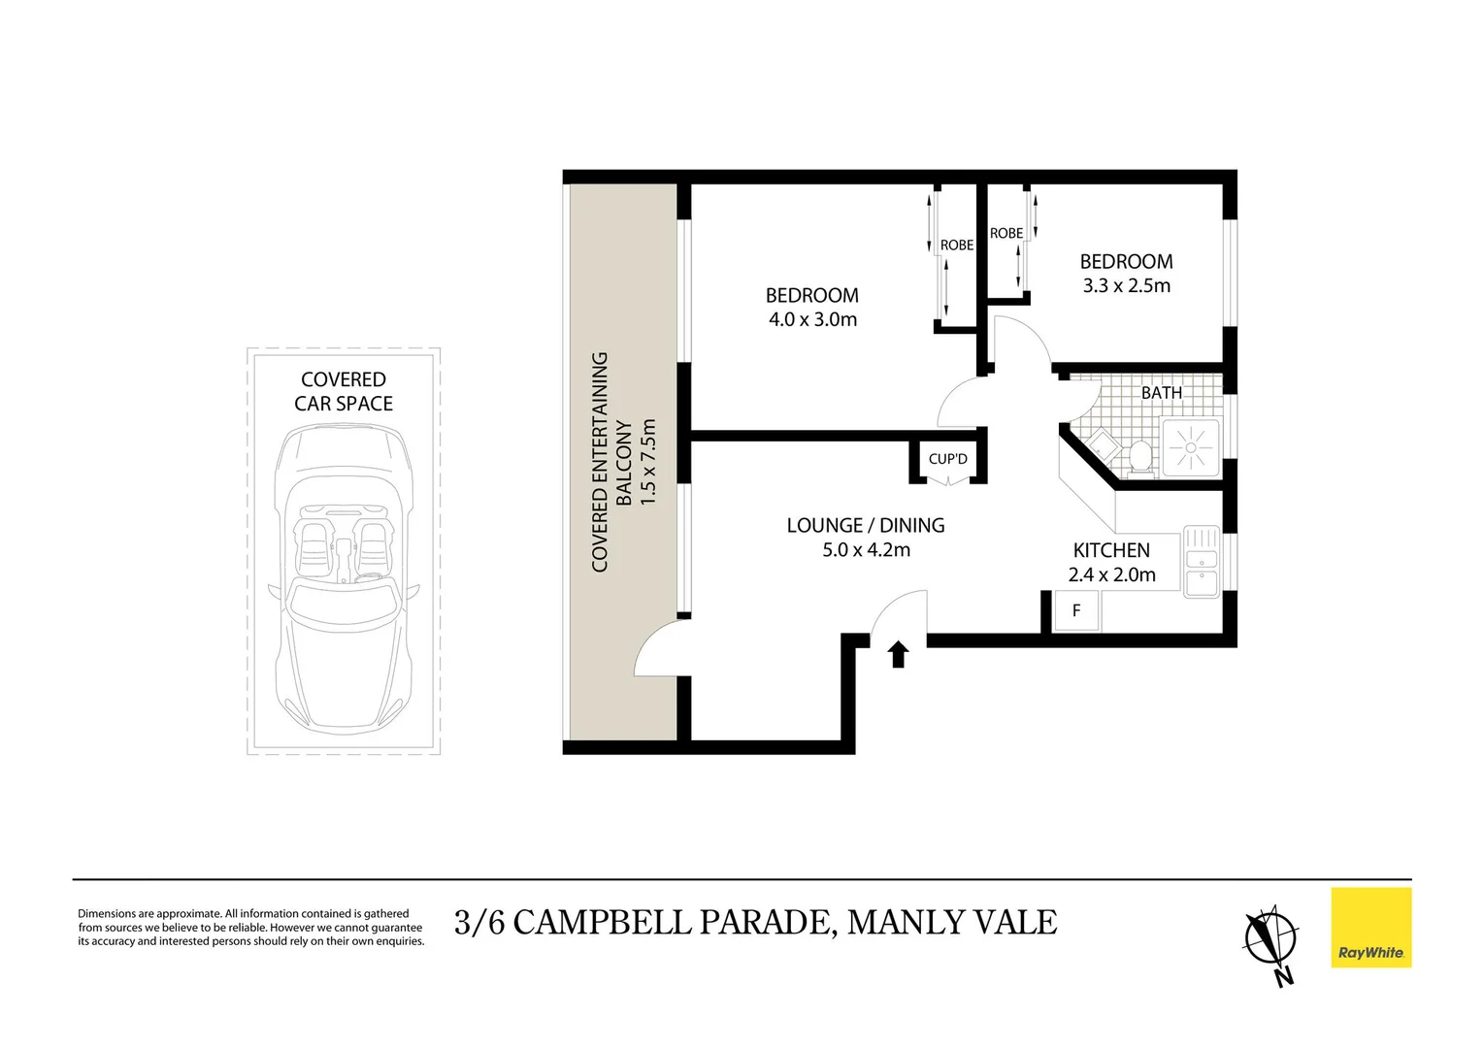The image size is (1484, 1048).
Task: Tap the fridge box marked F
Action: pos(1075,611)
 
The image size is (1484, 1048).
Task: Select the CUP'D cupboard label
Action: pos(947,459)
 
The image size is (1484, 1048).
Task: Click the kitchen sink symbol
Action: pos(1202,562)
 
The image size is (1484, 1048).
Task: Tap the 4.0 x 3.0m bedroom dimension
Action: pos(812,319)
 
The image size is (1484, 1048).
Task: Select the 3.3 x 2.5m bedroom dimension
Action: pos(1126,285)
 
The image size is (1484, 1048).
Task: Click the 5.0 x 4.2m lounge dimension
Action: pos(866,549)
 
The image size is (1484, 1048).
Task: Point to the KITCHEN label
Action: pos(1111,550)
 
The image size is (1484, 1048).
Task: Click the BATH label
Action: pos(1161,393)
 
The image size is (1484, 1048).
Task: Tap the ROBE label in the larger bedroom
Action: pos(956,246)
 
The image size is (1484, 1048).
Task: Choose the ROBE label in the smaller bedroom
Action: pos(1006,233)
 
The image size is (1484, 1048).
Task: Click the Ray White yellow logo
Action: pos(1370,928)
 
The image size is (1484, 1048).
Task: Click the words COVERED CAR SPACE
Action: pos(344,391)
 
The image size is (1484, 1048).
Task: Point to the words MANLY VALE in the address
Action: pos(951,922)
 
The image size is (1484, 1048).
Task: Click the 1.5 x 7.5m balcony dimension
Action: pos(648,461)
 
